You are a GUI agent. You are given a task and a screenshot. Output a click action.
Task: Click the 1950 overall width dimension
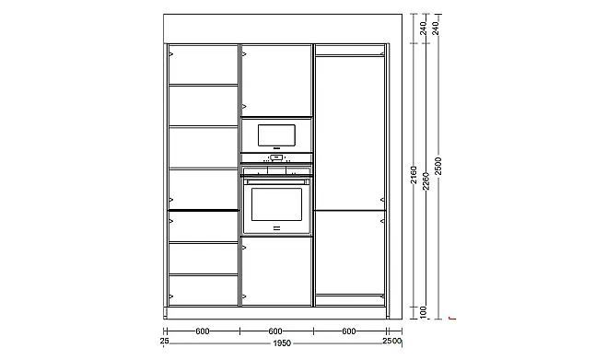(x=282, y=343)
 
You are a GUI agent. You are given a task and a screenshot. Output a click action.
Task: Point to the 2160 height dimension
(x=414, y=175)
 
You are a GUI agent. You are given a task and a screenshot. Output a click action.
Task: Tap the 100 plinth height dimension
(x=424, y=312)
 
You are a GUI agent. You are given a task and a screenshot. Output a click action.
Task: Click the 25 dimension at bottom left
(x=164, y=341)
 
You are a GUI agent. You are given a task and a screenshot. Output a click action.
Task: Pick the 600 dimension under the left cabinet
(x=203, y=331)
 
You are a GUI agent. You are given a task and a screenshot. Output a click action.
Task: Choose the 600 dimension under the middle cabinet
(x=275, y=331)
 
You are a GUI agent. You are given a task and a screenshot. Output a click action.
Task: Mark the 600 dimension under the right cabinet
(x=349, y=331)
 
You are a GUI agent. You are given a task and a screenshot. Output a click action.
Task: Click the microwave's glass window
(x=276, y=135)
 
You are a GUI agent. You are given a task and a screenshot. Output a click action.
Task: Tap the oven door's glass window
(x=276, y=204)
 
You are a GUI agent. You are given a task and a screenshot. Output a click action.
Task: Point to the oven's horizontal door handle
(x=276, y=182)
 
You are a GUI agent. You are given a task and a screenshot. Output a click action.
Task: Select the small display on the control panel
(x=276, y=157)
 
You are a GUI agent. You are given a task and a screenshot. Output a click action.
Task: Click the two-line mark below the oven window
(x=276, y=228)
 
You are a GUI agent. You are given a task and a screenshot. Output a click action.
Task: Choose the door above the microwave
(x=276, y=80)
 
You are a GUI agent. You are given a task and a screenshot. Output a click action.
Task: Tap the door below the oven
(x=276, y=271)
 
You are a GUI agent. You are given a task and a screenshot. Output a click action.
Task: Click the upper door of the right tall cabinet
(x=349, y=133)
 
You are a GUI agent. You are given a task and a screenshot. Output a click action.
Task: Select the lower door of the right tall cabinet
(x=349, y=252)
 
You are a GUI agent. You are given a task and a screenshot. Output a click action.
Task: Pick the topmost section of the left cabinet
(x=204, y=64)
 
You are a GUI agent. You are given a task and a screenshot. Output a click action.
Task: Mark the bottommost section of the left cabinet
(x=204, y=290)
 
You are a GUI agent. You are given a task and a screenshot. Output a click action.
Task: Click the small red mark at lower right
(x=451, y=318)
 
